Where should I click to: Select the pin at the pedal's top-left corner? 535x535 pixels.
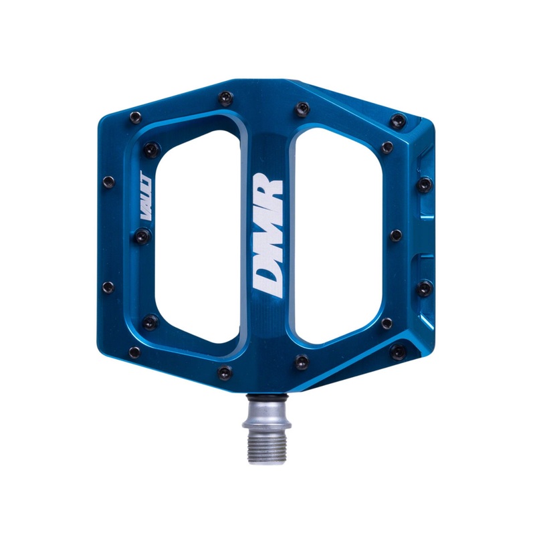pos(135,117)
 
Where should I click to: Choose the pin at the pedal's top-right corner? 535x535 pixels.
pos(399,121)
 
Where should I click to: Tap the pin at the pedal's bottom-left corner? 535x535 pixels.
pos(134,352)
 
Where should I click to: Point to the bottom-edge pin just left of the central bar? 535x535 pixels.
pos(225,372)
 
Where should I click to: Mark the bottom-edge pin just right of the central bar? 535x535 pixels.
pos(302,361)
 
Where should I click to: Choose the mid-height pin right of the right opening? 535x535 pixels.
pos(396,235)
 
